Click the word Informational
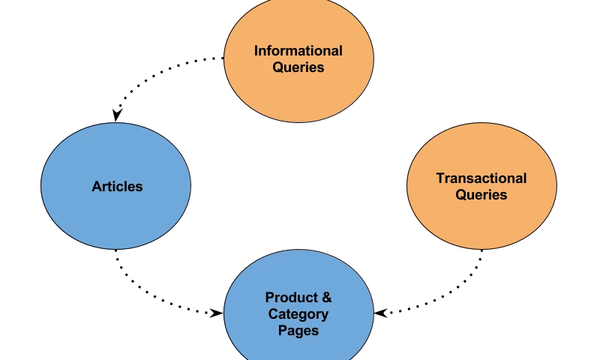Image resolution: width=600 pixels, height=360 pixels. tap(298, 51)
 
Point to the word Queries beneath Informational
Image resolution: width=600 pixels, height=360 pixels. tap(298, 67)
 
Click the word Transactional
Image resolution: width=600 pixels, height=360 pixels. tap(481, 178)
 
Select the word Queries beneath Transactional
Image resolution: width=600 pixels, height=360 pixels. tap(481, 195)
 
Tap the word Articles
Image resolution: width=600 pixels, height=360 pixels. tap(117, 187)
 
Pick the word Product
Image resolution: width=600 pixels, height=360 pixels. tap(291, 298)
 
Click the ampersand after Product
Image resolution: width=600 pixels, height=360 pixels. tap(325, 298)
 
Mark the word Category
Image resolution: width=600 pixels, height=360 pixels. tap(298, 314)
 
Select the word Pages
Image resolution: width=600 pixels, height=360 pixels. tap(298, 331)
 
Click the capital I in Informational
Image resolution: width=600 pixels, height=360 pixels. tap(256, 51)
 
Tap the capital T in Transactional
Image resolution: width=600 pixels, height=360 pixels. tap(440, 178)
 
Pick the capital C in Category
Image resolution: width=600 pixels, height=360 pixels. tap(274, 314)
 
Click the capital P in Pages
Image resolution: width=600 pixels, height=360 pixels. tap(282, 331)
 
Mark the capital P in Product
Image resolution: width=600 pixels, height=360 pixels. tap(270, 298)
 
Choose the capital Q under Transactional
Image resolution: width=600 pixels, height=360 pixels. tap(461, 195)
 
